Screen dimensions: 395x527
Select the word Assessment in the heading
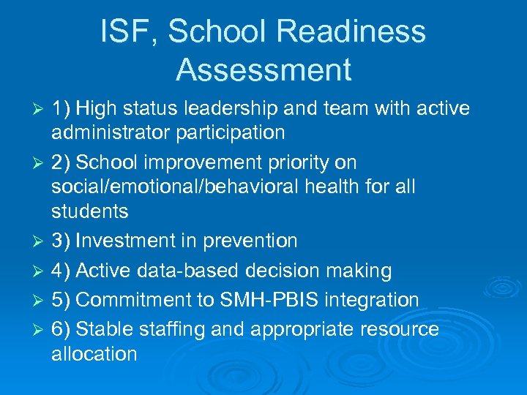pos(263,69)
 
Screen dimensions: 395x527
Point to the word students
pos(90,211)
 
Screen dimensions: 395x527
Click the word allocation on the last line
pos(94,354)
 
